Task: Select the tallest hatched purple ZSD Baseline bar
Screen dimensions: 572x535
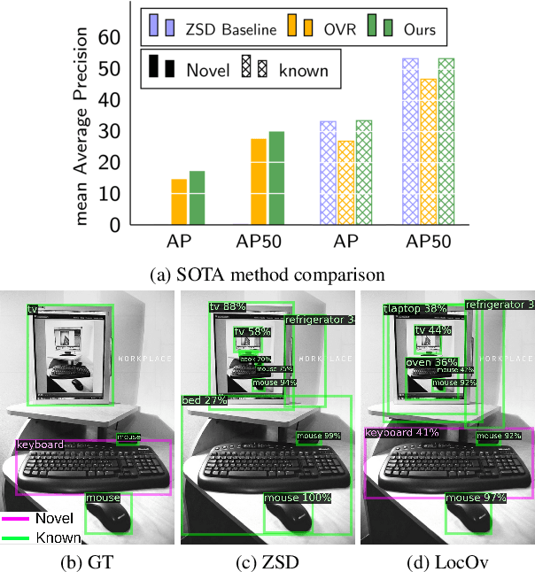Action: (411, 142)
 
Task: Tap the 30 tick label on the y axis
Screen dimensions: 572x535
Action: (110, 131)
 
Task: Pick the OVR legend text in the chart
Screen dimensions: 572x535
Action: (340, 29)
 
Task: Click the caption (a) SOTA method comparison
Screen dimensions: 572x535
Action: (267, 274)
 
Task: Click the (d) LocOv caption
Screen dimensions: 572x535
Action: (448, 560)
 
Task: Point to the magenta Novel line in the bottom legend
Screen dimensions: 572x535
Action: (16, 519)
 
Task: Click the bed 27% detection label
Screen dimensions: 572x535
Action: (204, 400)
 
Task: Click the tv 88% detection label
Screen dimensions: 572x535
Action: (228, 307)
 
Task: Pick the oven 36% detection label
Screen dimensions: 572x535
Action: (431, 363)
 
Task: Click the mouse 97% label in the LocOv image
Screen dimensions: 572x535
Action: (477, 499)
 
